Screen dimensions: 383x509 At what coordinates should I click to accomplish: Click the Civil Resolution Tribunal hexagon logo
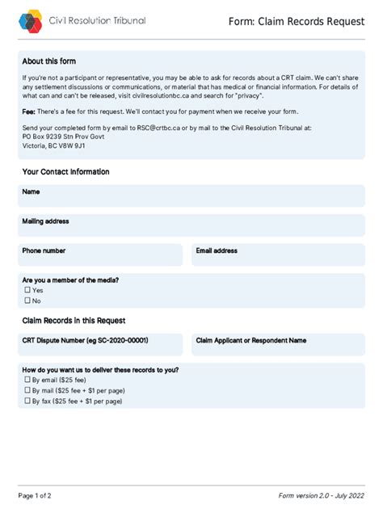click(31, 21)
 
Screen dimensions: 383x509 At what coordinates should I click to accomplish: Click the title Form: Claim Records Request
click(297, 23)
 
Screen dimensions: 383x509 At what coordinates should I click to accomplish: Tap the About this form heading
click(49, 61)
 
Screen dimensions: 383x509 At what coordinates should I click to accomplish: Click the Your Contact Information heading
click(65, 172)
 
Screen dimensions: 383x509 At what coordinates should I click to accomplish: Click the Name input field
click(191, 196)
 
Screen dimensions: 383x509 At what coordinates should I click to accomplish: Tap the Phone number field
click(102, 255)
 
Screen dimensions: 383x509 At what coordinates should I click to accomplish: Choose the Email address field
click(277, 255)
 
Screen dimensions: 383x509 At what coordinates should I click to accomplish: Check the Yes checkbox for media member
click(27, 290)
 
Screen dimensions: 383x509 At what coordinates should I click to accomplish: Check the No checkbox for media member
click(27, 301)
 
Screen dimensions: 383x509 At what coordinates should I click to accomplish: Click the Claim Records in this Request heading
click(74, 321)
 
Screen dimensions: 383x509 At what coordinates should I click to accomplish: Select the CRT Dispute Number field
click(102, 345)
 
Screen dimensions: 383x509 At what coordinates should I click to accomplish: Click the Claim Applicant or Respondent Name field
click(277, 345)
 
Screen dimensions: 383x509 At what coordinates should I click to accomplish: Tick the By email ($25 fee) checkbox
click(27, 380)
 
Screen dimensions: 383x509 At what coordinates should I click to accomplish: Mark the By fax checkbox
click(27, 401)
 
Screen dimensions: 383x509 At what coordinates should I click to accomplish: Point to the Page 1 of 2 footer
click(35, 495)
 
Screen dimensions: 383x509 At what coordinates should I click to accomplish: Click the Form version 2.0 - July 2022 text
click(321, 495)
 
